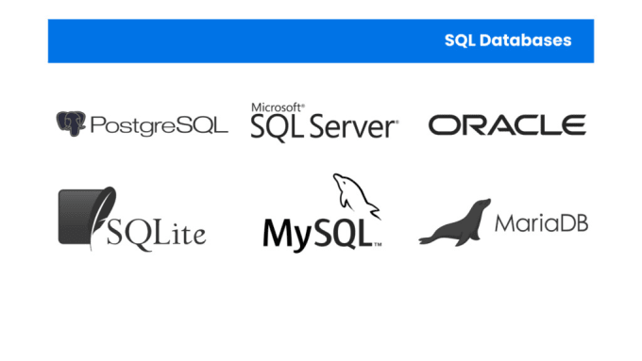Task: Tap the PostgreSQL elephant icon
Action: (70, 123)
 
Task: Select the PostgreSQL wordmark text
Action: (159, 124)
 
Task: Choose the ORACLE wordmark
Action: (507, 124)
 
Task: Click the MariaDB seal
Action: (456, 224)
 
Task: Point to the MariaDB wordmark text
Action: (541, 224)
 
